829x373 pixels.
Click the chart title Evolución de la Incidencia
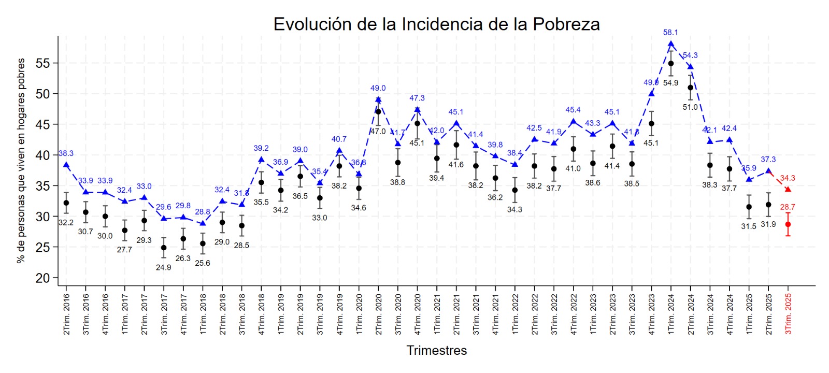tap(436, 24)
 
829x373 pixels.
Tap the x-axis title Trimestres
tap(436, 350)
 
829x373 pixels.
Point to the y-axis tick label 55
tap(42, 63)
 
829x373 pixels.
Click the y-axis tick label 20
tap(42, 278)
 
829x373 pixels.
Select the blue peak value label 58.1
tap(670, 32)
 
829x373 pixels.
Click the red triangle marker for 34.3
tap(788, 190)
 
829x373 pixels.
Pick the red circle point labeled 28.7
tap(788, 224)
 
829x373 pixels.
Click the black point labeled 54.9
tap(670, 64)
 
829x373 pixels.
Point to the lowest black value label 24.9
tap(163, 267)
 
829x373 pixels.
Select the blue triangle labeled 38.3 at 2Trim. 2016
tap(66, 165)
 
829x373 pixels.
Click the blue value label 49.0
tap(378, 88)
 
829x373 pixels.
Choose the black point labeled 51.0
tap(690, 88)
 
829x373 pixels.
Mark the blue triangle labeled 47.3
tap(417, 109)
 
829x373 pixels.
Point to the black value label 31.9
tap(768, 224)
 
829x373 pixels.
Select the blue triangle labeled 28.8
tap(203, 223)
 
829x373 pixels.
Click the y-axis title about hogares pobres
tap(21, 161)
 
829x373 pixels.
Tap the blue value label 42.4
tap(729, 128)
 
